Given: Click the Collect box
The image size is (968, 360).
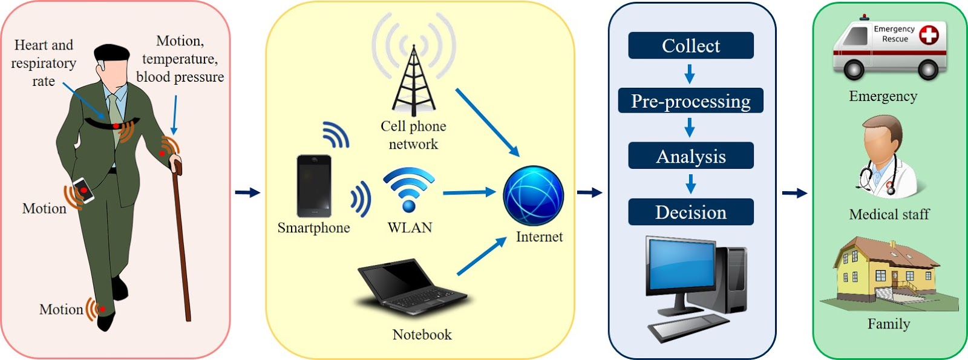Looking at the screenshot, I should pos(690,45).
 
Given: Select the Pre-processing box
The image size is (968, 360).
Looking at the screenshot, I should pos(690,100).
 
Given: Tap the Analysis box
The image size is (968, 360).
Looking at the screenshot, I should pos(690,156).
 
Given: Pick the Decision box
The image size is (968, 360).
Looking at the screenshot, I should pos(690,212).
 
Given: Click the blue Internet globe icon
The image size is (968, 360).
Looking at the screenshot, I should pos(533,195).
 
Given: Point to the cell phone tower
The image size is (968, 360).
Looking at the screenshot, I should pos(414,82).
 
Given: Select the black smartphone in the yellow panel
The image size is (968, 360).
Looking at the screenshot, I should pos(314,186).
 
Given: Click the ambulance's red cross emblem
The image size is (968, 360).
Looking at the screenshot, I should pos(929,34).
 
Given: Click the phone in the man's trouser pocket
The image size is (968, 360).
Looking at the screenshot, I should pos(84,190).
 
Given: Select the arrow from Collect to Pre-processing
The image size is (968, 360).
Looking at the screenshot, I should pos(690,74).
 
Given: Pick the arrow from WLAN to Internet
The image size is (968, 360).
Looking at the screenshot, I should pos(469,192).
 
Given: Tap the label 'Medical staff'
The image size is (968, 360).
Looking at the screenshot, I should pos(889,214).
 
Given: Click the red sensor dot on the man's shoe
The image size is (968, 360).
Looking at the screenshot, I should pos(103,309).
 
